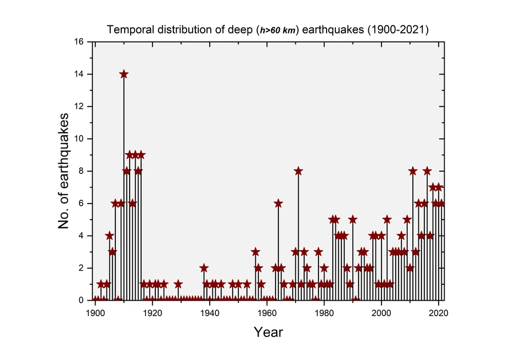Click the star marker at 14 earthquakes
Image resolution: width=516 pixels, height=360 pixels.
[124, 74]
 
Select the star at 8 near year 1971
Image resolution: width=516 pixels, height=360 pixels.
[298, 171]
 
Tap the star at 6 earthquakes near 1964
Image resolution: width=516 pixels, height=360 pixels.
[278, 203]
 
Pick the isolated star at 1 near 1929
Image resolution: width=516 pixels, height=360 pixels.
[178, 284]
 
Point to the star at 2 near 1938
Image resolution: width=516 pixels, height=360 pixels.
[204, 268]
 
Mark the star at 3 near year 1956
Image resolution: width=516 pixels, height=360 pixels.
[255, 252]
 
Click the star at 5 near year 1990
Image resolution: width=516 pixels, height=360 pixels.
[352, 220]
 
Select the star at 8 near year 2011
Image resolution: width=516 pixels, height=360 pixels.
[413, 171]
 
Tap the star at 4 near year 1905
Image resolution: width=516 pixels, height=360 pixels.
[110, 235]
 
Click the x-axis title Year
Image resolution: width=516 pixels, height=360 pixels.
[268, 332]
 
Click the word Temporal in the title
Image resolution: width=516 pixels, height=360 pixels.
[127, 30]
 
